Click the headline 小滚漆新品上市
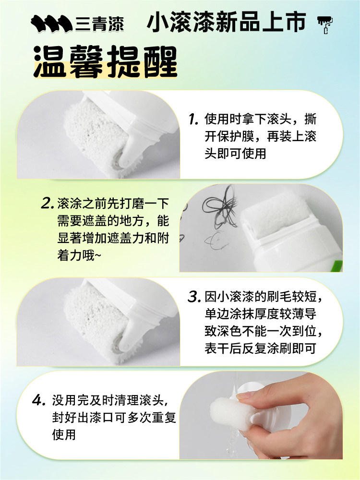coord(227,23)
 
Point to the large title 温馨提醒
coord(106,62)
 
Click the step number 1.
coord(193,119)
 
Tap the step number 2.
coord(48,203)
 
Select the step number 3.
coord(194,297)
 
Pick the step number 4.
coord(39,400)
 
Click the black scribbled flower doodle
coord(219,207)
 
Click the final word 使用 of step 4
coord(64,435)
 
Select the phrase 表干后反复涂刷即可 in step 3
coord(260,348)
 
